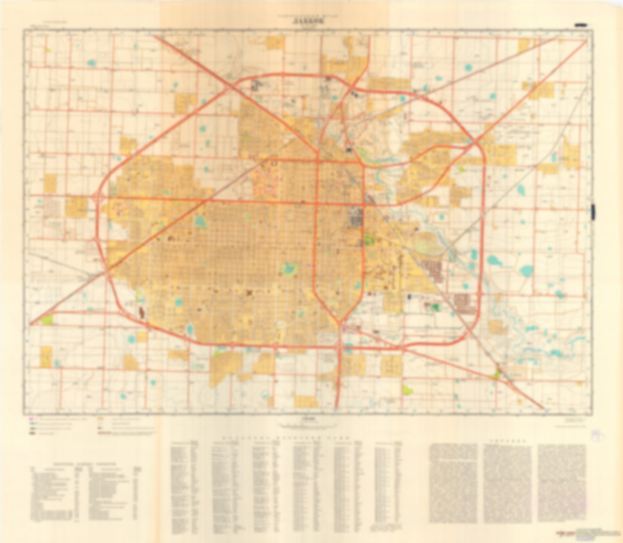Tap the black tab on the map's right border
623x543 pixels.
point(593,211)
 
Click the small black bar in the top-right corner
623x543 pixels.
point(580,26)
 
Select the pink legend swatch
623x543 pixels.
point(31,419)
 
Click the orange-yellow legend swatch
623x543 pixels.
point(100,419)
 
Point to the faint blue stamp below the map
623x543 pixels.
point(598,436)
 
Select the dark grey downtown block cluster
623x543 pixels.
point(356,217)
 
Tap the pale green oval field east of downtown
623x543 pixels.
point(429,244)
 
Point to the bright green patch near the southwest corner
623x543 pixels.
point(47,320)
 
